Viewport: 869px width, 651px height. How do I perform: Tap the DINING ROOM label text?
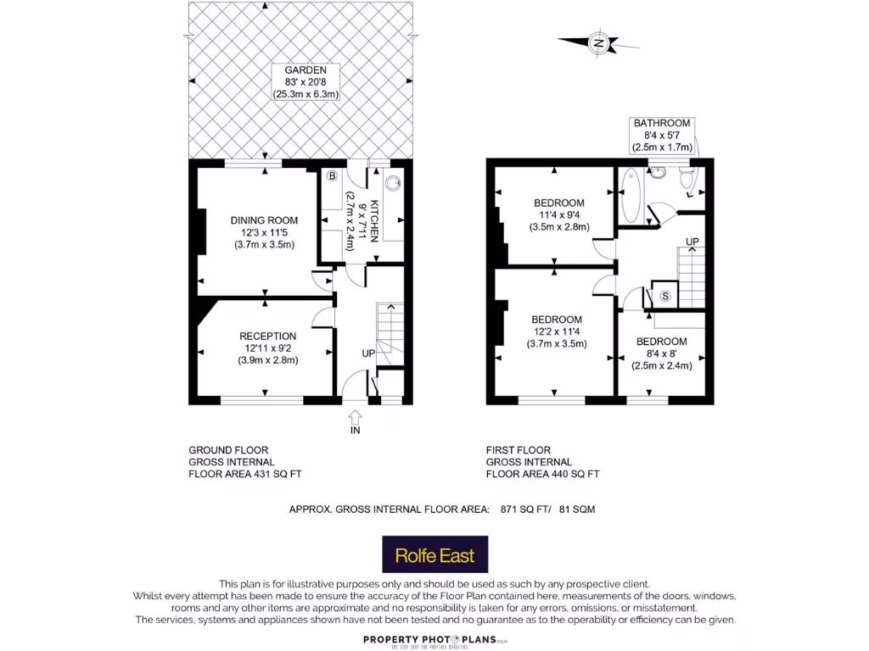pyautogui.click(x=264, y=220)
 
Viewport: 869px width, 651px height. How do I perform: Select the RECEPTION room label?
pyautogui.click(x=267, y=336)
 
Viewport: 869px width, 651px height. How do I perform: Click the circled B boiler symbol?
pyautogui.click(x=333, y=176)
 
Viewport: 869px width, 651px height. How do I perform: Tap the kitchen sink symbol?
pyautogui.click(x=394, y=181)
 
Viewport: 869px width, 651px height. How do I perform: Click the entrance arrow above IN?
pyautogui.click(x=355, y=416)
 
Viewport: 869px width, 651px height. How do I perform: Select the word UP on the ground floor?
pyautogui.click(x=368, y=353)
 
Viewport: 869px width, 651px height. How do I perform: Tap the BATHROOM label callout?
pyautogui.click(x=662, y=136)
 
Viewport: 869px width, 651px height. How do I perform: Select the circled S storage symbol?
pyautogui.click(x=665, y=296)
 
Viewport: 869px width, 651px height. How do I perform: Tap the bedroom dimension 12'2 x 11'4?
pyautogui.click(x=558, y=331)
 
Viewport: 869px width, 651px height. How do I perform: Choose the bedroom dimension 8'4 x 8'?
pyautogui.click(x=661, y=354)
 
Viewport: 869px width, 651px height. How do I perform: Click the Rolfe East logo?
pyautogui.click(x=434, y=557)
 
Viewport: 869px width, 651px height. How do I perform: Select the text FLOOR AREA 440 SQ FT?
pyautogui.click(x=542, y=474)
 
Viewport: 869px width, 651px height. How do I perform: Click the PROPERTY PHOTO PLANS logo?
pyautogui.click(x=434, y=640)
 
